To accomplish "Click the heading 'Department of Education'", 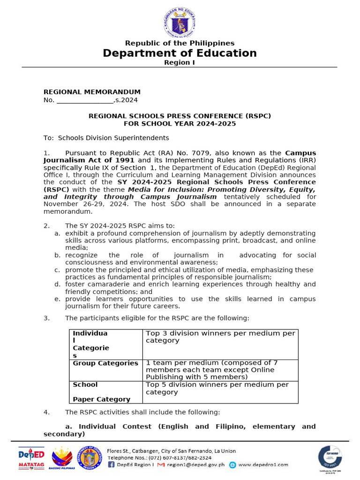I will [x=180, y=53].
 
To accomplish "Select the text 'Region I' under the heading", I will [x=180, y=63].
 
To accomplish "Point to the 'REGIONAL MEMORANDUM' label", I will [x=92, y=92].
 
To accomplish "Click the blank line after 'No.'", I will [x=85, y=100].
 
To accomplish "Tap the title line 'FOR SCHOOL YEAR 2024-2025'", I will [x=180, y=124].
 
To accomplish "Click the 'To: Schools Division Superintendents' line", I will [x=106, y=138].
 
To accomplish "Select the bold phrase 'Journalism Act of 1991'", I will [x=89, y=160].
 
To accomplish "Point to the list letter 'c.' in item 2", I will [x=57, y=270].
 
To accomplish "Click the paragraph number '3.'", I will [x=46, y=318].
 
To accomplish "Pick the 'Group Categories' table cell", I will [x=105, y=363].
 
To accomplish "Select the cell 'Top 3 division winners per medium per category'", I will [x=220, y=337].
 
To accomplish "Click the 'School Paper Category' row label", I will [x=101, y=392].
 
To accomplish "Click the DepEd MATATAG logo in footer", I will [x=31, y=458].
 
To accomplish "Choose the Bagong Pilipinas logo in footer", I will [x=61, y=458].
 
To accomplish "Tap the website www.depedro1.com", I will [x=263, y=465].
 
